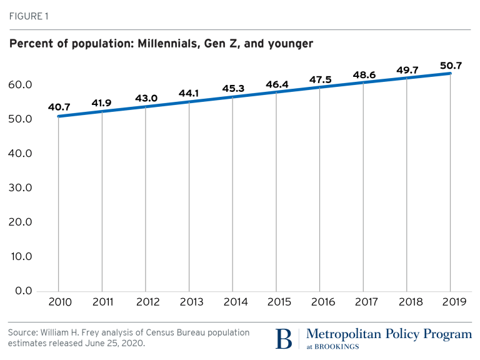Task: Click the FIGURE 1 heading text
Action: pyautogui.click(x=27, y=16)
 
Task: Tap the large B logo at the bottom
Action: pyautogui.click(x=283, y=338)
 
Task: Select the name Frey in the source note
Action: pyautogui.click(x=107, y=332)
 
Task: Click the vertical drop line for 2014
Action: pyautogui.click(x=232, y=194)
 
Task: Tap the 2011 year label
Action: pyautogui.click(x=102, y=302)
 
